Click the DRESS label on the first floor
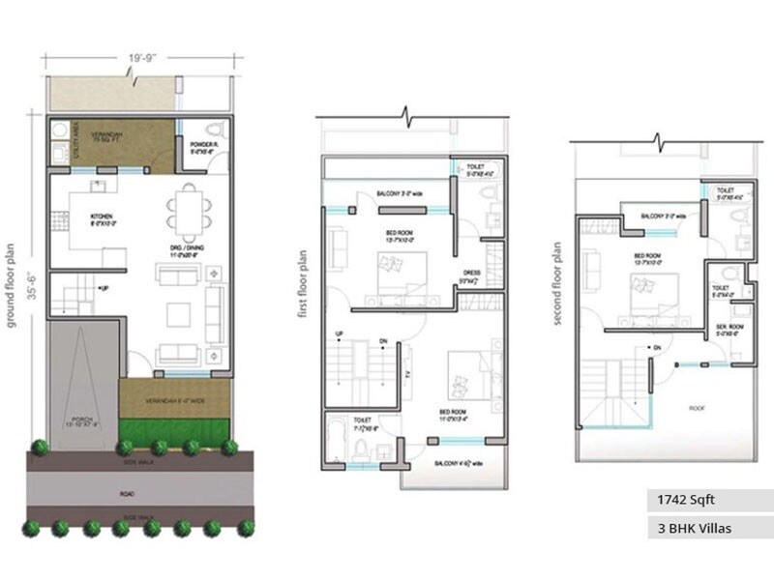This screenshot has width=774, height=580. click(x=472, y=274)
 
